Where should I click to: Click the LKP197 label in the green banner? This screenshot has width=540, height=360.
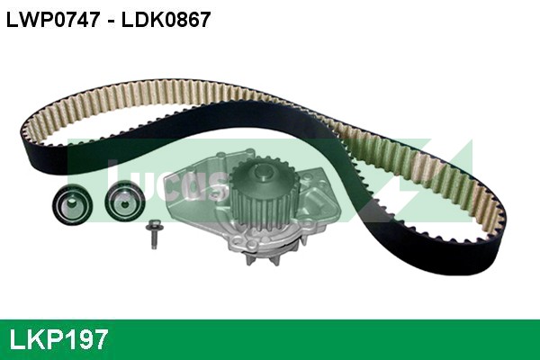59,339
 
